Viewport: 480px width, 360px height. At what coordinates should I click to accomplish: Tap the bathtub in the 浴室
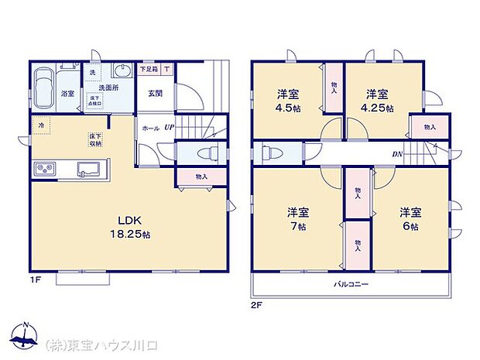click(x=44, y=84)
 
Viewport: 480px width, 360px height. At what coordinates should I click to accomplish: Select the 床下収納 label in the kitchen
click(x=94, y=139)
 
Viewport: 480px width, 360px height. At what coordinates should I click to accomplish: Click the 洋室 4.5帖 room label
click(x=288, y=101)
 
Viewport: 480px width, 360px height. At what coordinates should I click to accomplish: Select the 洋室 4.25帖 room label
click(x=379, y=101)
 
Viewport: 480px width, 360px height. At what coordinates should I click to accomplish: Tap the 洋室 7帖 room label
click(x=297, y=219)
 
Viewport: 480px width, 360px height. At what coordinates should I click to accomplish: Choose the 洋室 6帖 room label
click(x=410, y=219)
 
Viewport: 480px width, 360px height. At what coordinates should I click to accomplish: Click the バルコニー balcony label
click(x=351, y=284)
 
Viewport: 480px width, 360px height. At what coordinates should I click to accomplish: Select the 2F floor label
click(x=256, y=304)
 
